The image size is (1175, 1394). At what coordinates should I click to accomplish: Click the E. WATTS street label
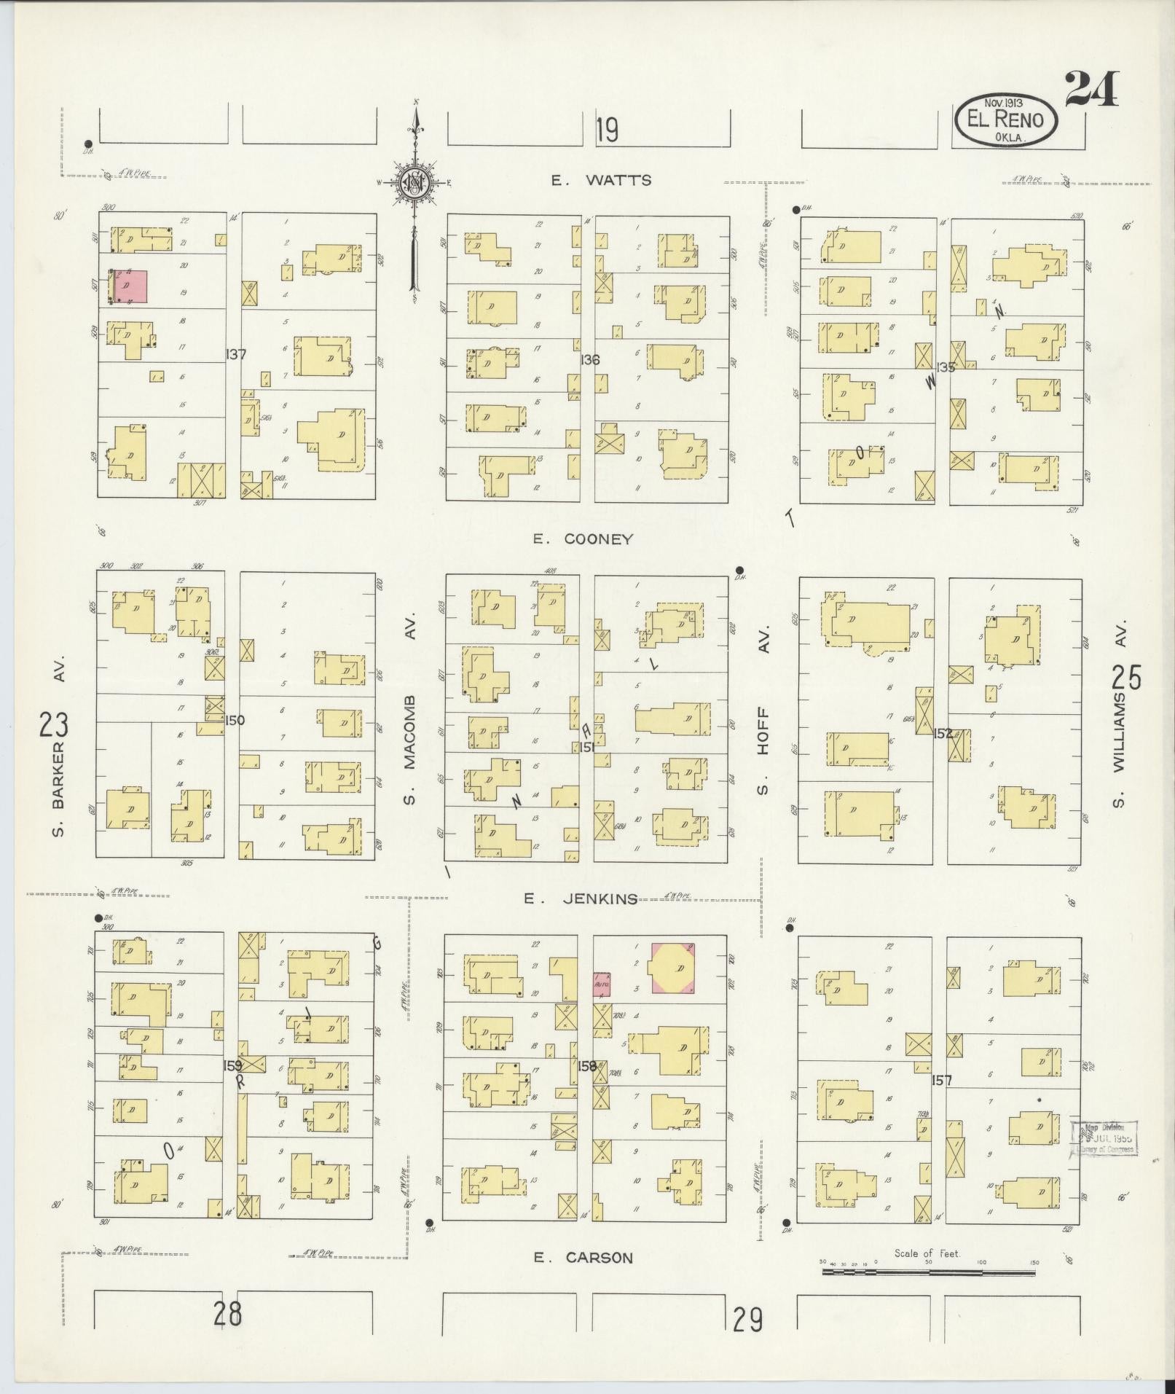601,181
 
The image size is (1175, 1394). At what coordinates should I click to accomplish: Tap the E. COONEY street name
582,539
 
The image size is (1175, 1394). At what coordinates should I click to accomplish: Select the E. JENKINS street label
581,898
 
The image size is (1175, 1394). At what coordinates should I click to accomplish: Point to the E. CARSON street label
583,1257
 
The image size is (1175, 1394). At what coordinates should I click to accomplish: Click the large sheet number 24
1090,89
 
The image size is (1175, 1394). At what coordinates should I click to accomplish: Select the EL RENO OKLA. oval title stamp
1005,120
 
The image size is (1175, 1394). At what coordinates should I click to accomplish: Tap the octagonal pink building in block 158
673,968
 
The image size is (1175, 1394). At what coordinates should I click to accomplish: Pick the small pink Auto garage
602,984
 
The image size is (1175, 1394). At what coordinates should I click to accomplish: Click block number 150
235,721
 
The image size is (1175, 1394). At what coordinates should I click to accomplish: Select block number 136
590,359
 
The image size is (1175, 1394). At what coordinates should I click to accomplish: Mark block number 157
941,1080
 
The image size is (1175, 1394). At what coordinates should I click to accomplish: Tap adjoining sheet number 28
227,1315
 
